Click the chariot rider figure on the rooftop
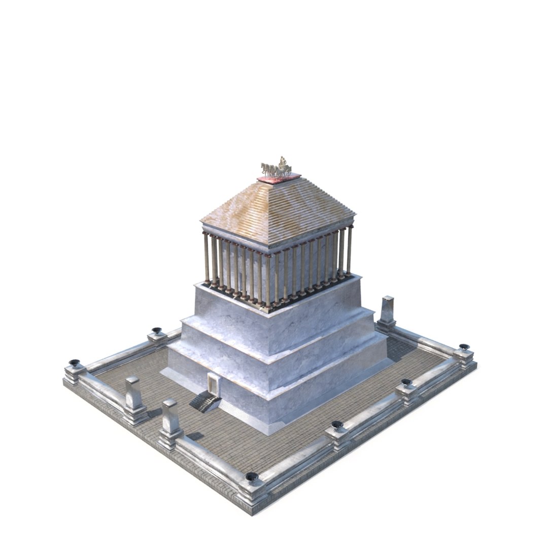pos(282,163)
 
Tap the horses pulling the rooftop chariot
pos(269,169)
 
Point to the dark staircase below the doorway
pos(204,402)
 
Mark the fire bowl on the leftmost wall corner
pos(75,363)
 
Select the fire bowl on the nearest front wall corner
pos(252,477)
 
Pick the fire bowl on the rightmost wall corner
pos(464,348)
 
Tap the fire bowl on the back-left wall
pos(157,331)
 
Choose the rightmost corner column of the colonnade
pos(349,251)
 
